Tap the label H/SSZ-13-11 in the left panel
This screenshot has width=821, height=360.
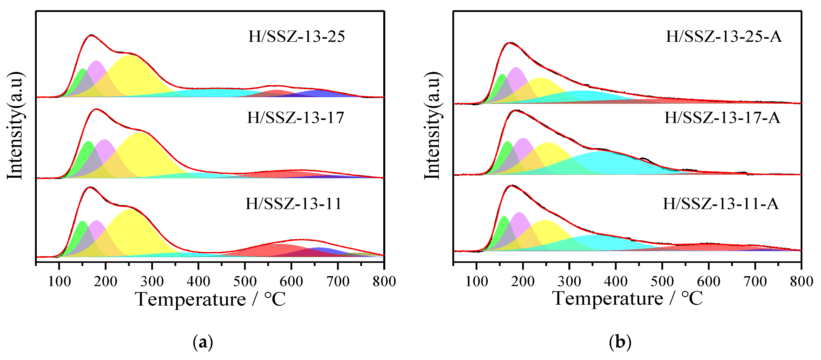(x=293, y=204)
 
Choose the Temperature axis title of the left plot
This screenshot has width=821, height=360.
(x=210, y=299)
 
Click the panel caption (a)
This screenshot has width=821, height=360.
(x=203, y=343)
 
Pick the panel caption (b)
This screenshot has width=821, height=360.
(x=620, y=343)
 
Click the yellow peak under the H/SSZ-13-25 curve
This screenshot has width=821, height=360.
(x=131, y=75)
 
